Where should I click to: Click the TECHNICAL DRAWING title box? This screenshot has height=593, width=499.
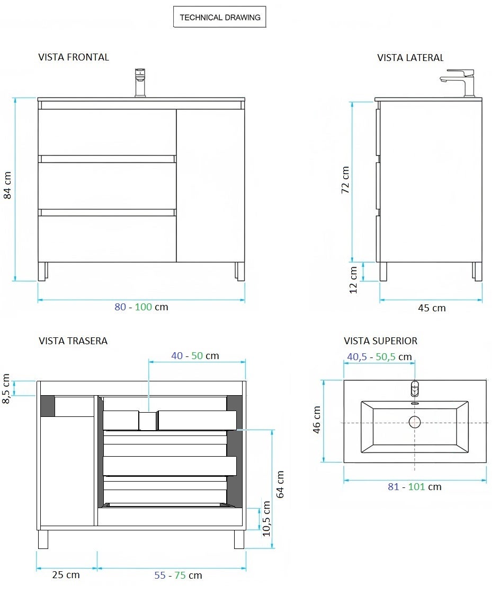tap(220, 18)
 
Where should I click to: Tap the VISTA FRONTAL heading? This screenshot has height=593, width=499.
tap(74, 57)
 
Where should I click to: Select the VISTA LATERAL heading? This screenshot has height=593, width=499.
tap(410, 58)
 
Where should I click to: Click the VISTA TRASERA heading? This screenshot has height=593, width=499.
tap(73, 341)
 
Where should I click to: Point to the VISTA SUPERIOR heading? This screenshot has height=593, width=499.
tap(380, 341)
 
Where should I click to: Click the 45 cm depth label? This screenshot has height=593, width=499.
tap(432, 308)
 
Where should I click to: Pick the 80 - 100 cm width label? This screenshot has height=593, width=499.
tap(141, 307)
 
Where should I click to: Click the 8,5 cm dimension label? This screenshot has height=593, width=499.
tap(6, 388)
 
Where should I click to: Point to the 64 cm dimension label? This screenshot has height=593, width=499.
tap(281, 484)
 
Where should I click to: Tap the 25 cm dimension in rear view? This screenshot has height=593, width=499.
tap(66, 575)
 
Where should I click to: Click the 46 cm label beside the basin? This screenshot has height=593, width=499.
tap(317, 420)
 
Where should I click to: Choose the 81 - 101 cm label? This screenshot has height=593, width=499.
tap(414, 487)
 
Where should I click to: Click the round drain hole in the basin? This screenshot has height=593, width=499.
tap(414, 422)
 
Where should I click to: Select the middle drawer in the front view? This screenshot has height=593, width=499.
tap(107, 186)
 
